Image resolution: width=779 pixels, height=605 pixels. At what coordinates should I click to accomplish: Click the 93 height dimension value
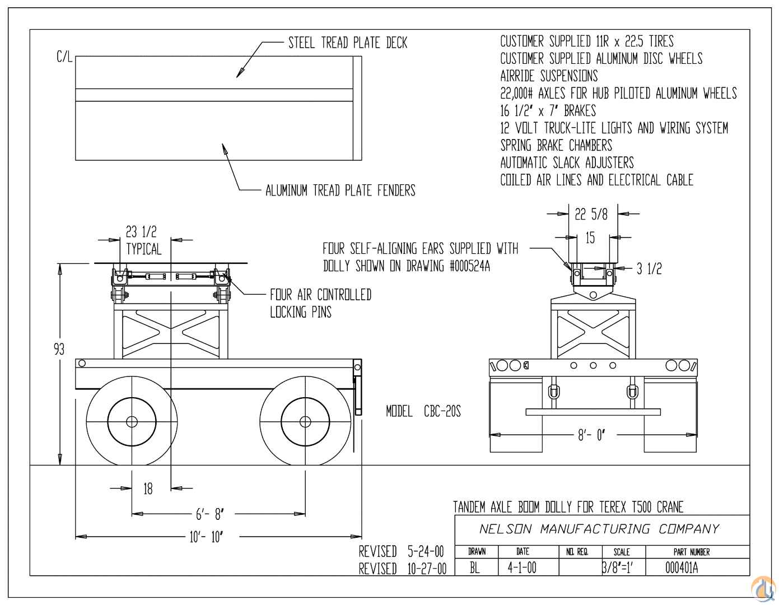59,350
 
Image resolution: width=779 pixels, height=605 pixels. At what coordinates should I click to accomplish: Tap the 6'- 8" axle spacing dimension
209,514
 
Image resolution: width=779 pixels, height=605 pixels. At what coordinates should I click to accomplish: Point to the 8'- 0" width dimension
591,435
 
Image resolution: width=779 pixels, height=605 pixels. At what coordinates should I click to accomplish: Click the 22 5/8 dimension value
590,213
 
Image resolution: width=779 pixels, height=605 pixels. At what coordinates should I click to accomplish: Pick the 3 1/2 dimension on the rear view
649,269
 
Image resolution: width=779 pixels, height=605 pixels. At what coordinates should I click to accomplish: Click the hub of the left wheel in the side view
132,421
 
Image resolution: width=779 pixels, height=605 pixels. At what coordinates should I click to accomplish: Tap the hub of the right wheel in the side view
305,421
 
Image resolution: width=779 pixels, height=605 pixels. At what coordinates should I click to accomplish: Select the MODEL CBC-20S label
423,412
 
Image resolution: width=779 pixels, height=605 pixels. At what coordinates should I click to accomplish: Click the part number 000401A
682,568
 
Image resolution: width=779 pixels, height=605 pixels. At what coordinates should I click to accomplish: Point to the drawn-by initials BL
475,568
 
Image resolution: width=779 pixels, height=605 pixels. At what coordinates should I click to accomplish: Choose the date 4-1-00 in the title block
522,568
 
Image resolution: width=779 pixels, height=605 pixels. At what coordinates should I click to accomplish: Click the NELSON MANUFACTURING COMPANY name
599,529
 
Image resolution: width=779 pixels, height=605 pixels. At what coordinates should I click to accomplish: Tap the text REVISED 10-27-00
403,569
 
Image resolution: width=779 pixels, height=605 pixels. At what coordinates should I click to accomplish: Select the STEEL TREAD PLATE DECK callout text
348,43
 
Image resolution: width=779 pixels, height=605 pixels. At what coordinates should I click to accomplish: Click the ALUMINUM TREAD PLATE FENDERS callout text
340,190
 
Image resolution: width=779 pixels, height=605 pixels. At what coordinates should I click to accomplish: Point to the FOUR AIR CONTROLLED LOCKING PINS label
320,303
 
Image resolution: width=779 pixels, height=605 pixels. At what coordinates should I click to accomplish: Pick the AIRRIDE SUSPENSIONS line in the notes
549,76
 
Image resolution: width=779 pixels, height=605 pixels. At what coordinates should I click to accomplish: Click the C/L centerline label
64,57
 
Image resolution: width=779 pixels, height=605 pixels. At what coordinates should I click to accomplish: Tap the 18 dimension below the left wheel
148,488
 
